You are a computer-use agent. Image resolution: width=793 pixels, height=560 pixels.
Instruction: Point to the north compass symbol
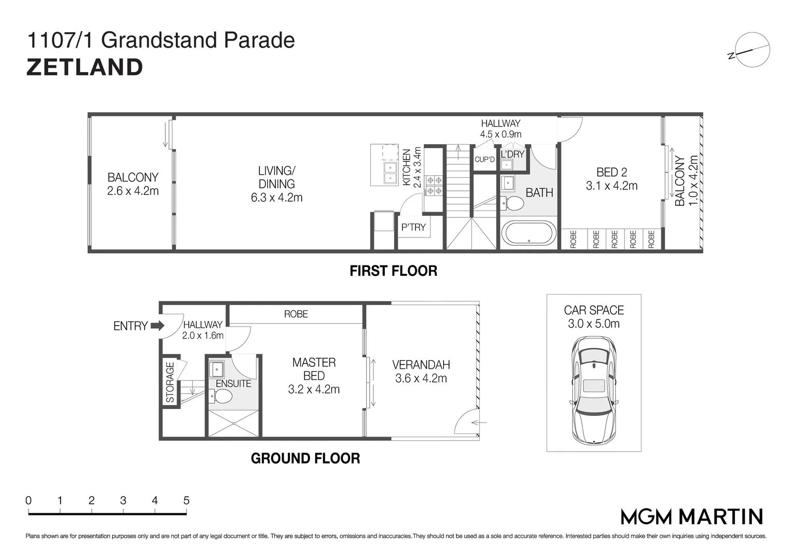752,50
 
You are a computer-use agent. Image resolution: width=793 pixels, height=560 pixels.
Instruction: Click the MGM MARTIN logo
692,516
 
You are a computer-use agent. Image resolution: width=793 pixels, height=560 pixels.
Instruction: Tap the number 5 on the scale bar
186,500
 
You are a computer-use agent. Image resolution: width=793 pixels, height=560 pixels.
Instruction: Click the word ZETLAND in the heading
85,67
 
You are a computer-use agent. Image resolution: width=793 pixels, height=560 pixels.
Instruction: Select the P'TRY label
413,227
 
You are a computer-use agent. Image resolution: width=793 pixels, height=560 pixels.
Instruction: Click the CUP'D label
485,159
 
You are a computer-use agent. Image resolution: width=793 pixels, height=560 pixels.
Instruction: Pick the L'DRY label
512,154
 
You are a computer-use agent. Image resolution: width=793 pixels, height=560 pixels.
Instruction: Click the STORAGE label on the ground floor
170,382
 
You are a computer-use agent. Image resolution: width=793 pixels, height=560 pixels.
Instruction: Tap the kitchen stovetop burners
434,186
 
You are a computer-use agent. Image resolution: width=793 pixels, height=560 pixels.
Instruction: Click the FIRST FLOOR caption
393,271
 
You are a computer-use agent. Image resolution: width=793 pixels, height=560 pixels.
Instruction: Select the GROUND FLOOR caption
305,458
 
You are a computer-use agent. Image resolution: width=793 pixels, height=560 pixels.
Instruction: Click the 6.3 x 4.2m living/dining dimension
276,198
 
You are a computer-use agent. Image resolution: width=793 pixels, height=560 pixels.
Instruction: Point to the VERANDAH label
421,365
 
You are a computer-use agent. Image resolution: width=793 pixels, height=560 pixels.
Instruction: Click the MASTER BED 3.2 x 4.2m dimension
314,389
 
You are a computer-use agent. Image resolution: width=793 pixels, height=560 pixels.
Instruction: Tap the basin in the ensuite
216,370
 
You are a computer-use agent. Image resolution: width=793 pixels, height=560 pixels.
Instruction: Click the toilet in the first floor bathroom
513,203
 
